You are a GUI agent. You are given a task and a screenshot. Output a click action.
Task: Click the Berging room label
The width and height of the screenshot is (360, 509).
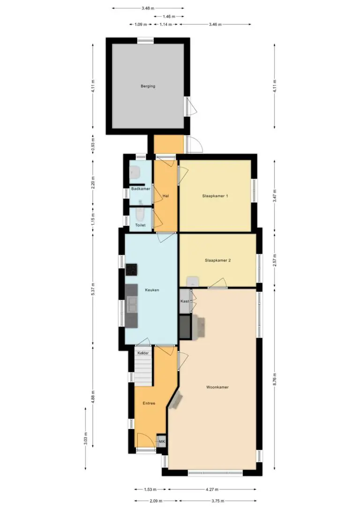point(148,86)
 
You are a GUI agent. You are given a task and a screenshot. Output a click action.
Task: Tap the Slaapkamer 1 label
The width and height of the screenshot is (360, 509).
point(215,196)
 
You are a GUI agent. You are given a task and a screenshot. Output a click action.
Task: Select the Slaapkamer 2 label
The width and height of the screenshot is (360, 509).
point(217,260)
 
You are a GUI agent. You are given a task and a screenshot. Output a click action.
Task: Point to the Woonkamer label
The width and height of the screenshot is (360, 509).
point(217,387)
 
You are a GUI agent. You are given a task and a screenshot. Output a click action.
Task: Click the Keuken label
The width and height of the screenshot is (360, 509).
point(152,290)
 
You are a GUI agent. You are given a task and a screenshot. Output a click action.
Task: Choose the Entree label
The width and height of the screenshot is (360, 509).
point(149,403)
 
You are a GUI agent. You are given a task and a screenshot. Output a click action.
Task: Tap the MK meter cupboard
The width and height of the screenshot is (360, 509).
point(162,441)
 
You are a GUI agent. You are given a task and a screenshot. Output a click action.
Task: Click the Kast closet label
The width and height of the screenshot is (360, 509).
point(185,301)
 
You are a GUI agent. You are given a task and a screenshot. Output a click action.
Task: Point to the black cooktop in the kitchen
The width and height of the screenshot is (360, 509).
point(131,270)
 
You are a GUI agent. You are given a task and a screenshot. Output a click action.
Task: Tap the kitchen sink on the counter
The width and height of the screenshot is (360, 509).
point(132,305)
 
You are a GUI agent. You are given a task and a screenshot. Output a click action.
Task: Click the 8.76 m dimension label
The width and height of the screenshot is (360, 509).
point(275,379)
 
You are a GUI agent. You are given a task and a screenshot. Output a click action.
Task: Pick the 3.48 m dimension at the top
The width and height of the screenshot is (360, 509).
point(148,8)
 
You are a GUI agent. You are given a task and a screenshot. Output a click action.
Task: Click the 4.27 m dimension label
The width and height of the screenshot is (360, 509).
point(212,489)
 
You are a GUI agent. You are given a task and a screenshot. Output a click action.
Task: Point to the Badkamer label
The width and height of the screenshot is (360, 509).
point(141,188)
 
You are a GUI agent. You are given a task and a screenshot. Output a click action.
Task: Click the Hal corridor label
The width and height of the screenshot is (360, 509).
point(165,196)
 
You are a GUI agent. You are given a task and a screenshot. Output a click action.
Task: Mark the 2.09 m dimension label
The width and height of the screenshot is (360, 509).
point(156,501)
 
